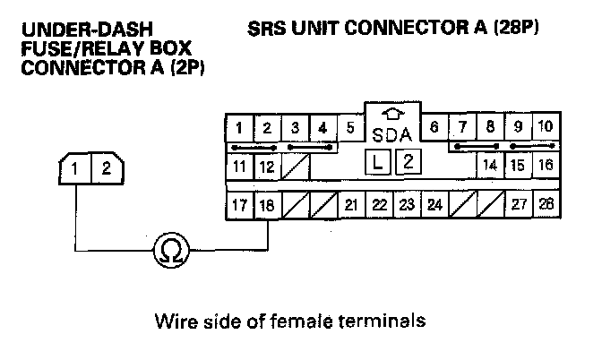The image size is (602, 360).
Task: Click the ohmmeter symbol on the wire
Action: tap(168, 250)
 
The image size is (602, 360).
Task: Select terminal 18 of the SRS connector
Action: tap(266, 205)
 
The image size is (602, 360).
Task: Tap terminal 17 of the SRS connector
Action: tap(238, 205)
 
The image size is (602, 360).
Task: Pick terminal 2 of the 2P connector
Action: tap(105, 167)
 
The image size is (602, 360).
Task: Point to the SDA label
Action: tap(391, 135)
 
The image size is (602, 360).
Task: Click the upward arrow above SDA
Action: tap(391, 115)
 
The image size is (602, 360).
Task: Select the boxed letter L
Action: tap(378, 162)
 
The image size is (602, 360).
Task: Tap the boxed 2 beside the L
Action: tap(407, 162)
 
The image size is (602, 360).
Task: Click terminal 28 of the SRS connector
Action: tap(546, 205)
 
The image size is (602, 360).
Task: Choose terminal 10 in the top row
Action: tap(545, 126)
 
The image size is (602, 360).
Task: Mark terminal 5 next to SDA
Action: tap(349, 126)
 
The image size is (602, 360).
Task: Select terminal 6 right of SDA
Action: tap(434, 126)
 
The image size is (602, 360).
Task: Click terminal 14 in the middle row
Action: tap(490, 166)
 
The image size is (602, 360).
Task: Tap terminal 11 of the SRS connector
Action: tap(238, 166)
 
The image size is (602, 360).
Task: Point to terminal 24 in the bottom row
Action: tap(434, 205)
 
